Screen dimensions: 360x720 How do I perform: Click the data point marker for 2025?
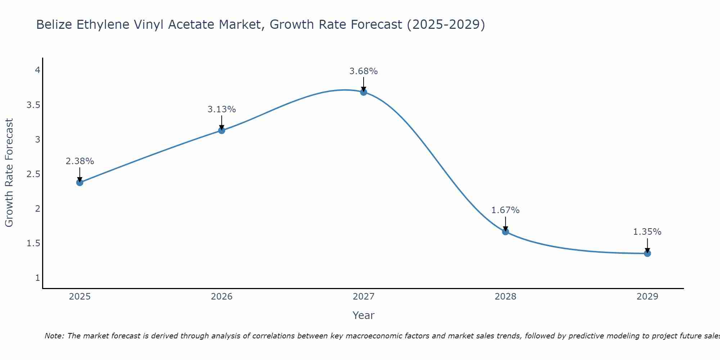pos(80,183)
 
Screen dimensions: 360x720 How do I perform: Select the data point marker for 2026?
pos(222,130)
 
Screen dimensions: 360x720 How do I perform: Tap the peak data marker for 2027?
pos(364,92)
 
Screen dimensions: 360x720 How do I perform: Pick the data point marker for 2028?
pos(505,231)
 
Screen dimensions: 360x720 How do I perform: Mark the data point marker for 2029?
pos(647,253)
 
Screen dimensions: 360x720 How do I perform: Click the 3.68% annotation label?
pos(364,71)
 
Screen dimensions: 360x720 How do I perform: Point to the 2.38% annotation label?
pos(80,161)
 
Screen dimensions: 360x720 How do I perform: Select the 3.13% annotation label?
pos(222,109)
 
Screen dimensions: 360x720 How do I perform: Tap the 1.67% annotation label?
pos(505,210)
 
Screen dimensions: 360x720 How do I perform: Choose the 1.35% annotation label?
pos(647,232)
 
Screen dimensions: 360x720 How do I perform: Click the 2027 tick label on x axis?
pos(364,297)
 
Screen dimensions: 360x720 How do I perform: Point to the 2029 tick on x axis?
pos(647,297)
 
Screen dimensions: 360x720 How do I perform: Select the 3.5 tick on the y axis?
pos(33,105)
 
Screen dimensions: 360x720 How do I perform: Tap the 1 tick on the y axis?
pos(37,278)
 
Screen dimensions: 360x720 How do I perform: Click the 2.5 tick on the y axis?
pos(33,174)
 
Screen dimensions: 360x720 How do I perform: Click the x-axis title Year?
pos(364,315)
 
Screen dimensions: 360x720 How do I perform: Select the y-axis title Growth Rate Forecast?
pos(9,173)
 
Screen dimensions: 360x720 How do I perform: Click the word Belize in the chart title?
pos(53,24)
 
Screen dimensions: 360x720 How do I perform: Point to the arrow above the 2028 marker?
pos(505,223)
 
